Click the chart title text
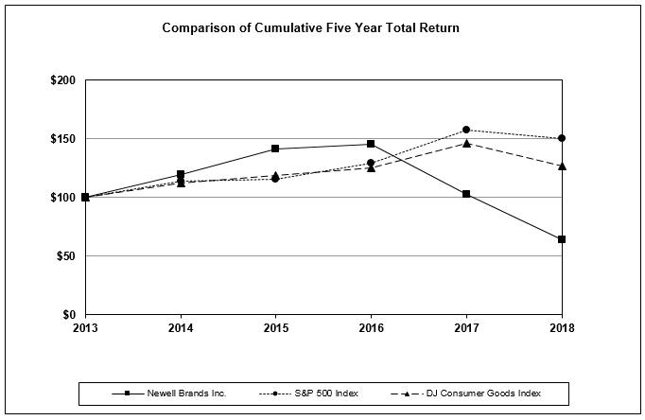(x=310, y=27)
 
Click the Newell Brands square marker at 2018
(x=562, y=239)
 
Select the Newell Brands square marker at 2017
(x=466, y=194)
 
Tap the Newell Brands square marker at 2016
(x=371, y=144)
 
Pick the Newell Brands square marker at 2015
(x=275, y=149)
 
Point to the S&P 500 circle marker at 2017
(x=466, y=130)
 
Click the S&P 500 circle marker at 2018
(x=562, y=138)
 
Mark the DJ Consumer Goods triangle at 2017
(x=466, y=143)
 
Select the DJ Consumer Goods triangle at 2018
(x=562, y=166)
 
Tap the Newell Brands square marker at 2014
(x=180, y=174)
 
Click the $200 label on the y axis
(x=62, y=80)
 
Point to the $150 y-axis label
(x=62, y=139)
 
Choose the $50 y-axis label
(x=65, y=256)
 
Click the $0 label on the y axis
(x=69, y=315)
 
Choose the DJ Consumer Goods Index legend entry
(x=481, y=393)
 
